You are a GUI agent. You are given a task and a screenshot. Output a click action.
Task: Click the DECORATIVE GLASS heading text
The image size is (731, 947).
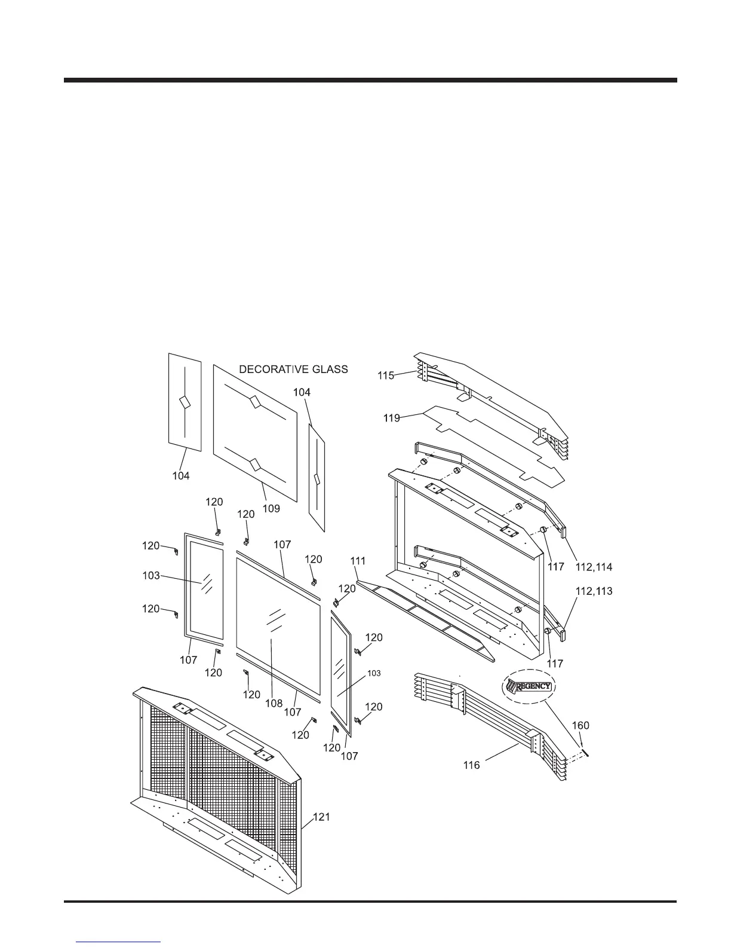pyautogui.click(x=293, y=369)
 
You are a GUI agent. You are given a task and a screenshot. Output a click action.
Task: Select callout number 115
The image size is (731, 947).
pyautogui.click(x=386, y=375)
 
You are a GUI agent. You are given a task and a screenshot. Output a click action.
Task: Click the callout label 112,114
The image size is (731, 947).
pyautogui.click(x=594, y=566)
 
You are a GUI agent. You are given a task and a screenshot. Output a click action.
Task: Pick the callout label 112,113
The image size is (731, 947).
pyautogui.click(x=594, y=591)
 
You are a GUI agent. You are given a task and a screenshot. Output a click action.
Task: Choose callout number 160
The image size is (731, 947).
pyautogui.click(x=580, y=725)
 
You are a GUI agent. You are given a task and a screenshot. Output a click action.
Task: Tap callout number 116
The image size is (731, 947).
pyautogui.click(x=471, y=765)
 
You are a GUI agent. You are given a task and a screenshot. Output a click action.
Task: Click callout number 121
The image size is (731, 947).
pyautogui.click(x=320, y=817)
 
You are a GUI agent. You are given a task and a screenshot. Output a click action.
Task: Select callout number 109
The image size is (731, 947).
pyautogui.click(x=271, y=508)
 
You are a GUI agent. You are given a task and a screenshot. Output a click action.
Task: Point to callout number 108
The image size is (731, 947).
pyautogui.click(x=274, y=703)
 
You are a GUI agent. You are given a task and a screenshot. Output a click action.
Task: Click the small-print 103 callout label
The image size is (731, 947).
pyautogui.click(x=373, y=673)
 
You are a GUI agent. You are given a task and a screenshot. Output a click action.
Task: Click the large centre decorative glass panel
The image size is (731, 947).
pyautogui.click(x=255, y=433)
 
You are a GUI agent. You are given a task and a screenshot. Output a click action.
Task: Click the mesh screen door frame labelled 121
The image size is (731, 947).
pyautogui.click(x=215, y=795)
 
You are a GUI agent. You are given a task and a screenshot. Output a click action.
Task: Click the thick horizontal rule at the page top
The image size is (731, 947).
pyautogui.click(x=370, y=80)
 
